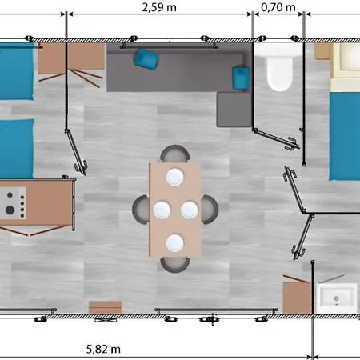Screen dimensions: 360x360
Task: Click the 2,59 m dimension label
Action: click(x=159, y=7)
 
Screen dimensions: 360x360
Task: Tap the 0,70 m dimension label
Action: click(x=278, y=7)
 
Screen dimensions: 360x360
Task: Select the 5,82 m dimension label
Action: click(x=103, y=349)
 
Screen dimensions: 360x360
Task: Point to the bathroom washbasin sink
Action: click(x=337, y=298)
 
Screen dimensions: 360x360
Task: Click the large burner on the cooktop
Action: click(x=10, y=210)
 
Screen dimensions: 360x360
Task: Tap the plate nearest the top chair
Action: click(x=175, y=177)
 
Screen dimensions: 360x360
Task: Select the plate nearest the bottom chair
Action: click(x=175, y=243)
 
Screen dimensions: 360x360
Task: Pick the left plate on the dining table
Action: click(x=162, y=210)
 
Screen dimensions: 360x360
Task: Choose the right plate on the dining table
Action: click(x=190, y=210)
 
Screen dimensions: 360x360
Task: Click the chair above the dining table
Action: click(x=175, y=153)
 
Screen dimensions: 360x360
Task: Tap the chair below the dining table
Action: click(x=175, y=265)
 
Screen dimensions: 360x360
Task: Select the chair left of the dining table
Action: click(x=141, y=210)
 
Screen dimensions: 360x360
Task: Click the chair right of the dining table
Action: click(x=210, y=210)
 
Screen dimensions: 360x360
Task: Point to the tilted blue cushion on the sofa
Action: click(x=146, y=59)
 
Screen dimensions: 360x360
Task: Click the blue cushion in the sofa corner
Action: click(x=241, y=78)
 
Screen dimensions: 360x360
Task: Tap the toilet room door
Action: click(x=276, y=138)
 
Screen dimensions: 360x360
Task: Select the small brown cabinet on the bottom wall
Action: click(x=106, y=307)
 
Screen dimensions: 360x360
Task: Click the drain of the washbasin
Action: click(x=337, y=298)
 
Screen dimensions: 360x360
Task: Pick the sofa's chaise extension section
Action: click(x=234, y=110)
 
